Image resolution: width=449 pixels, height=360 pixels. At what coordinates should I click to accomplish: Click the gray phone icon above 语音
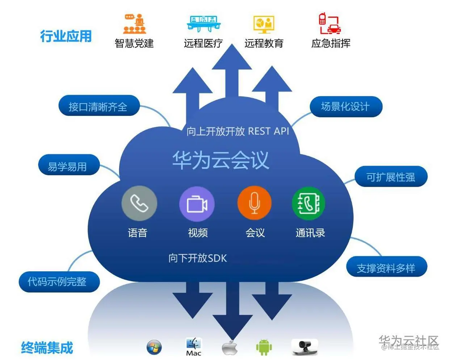coord(139,203)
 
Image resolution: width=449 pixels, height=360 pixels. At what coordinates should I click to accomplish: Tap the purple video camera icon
coord(197,204)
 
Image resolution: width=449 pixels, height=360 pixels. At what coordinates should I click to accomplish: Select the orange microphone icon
coord(254,203)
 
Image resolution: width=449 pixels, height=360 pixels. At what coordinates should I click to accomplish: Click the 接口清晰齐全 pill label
coord(98,106)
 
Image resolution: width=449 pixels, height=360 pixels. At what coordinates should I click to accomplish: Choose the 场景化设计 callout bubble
coord(346,106)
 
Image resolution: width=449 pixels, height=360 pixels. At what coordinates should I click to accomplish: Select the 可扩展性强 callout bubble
coord(391,177)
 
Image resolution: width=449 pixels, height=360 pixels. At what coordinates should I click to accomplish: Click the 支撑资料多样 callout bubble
coord(386,268)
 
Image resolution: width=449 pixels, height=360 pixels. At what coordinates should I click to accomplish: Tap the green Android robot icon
coord(264,347)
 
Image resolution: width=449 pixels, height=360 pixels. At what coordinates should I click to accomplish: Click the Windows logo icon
coord(154,347)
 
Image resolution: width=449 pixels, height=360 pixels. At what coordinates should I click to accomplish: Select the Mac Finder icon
coord(193,346)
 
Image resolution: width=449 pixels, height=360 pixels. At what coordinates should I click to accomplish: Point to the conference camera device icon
coord(305,347)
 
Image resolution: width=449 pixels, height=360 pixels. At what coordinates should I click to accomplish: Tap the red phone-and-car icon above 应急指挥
coord(330,24)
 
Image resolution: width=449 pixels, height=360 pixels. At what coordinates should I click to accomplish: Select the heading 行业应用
coord(66,36)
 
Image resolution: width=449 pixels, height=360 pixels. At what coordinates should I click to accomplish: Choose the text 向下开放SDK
coord(197,258)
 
